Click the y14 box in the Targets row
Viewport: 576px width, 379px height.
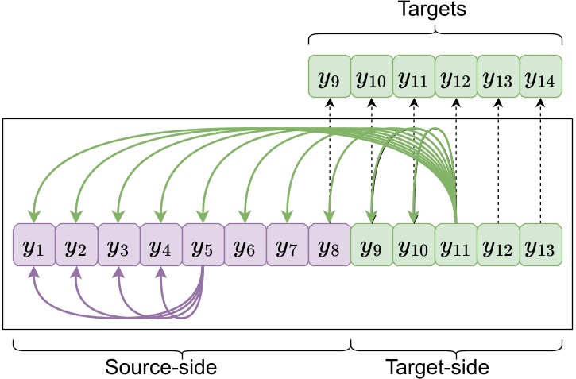[x=540, y=77]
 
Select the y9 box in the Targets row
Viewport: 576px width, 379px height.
[x=329, y=77]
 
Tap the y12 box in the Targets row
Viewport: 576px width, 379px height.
[x=455, y=77]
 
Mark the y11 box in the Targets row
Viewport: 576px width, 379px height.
[x=413, y=77]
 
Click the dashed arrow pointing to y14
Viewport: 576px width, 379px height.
[x=540, y=159]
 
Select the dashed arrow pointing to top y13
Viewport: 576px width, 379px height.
[x=498, y=159]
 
